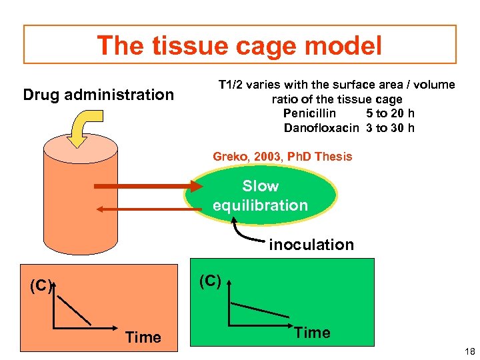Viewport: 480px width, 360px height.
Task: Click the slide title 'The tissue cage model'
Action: (239, 46)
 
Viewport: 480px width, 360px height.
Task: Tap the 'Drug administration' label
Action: (98, 95)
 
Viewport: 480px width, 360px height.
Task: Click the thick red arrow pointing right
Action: (143, 187)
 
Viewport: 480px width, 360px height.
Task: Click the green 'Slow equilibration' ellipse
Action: (260, 195)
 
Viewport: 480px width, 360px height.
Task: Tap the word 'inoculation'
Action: (311, 245)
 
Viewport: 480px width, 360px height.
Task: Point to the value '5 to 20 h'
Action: (390, 113)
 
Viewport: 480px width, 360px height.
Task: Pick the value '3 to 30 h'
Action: (390, 128)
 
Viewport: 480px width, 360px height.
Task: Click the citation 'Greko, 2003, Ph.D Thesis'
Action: (283, 157)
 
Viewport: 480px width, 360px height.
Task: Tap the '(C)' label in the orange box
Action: (41, 287)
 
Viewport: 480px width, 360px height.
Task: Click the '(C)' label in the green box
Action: (209, 281)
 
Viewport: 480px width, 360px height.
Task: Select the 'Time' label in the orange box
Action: (143, 337)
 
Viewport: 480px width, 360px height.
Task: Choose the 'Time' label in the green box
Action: (312, 333)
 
